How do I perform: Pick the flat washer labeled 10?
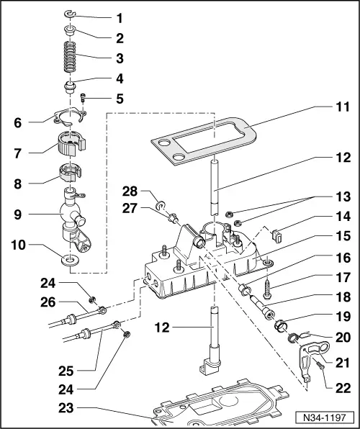coord(71,259)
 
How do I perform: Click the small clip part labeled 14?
coord(279,233)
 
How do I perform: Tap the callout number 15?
coord(339,256)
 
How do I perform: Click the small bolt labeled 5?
coord(83,99)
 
